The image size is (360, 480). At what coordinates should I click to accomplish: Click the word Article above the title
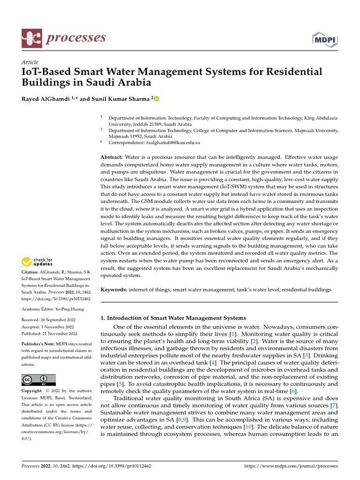point(30,62)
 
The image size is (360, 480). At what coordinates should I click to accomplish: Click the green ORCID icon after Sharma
point(156,99)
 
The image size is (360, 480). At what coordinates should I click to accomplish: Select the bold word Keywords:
point(114,290)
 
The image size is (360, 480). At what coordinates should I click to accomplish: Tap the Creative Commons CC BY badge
point(38,379)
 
